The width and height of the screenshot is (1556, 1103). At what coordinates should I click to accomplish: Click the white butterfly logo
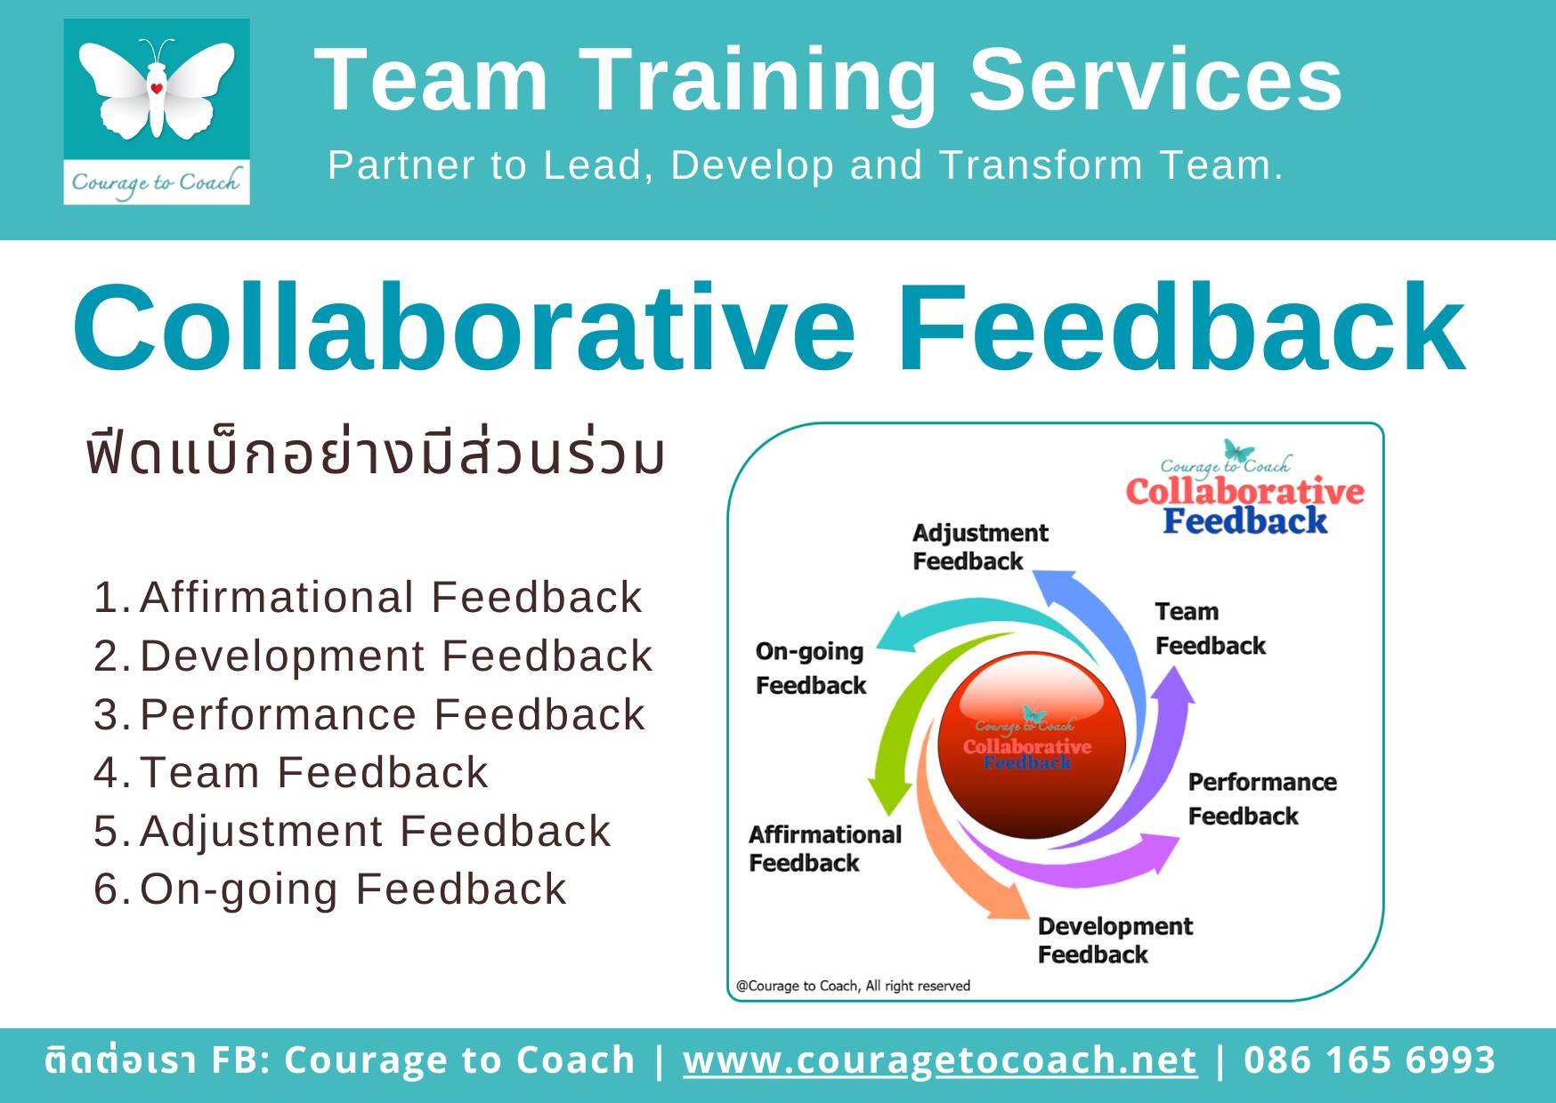tap(157, 89)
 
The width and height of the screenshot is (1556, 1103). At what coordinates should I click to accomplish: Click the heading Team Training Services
tap(828, 80)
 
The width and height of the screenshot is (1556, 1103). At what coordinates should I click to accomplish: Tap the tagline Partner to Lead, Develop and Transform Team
tap(806, 165)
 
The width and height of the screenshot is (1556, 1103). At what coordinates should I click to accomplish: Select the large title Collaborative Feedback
tap(769, 327)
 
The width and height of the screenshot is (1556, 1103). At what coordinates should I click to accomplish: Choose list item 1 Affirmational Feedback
tap(368, 597)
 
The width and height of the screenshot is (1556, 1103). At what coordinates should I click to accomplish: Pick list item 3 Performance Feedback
tap(369, 714)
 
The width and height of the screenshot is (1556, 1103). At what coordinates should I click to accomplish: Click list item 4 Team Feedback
tap(291, 772)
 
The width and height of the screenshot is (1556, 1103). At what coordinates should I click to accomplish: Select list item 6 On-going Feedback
tap(330, 890)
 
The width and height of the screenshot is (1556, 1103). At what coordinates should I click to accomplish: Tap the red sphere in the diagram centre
tap(1032, 744)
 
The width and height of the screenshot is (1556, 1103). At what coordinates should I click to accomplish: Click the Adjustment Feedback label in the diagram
tap(980, 547)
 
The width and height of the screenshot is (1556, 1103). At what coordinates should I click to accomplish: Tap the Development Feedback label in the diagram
tap(1114, 940)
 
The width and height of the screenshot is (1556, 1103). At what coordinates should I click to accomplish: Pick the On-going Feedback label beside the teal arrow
tap(810, 668)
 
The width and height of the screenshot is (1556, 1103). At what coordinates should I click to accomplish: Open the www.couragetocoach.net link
tap(940, 1060)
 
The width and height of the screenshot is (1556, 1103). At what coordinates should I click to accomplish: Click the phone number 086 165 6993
tap(1369, 1060)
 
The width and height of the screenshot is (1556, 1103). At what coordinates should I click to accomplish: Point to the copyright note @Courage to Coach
tap(853, 986)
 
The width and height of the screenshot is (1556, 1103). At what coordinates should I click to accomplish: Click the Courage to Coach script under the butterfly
tap(157, 182)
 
